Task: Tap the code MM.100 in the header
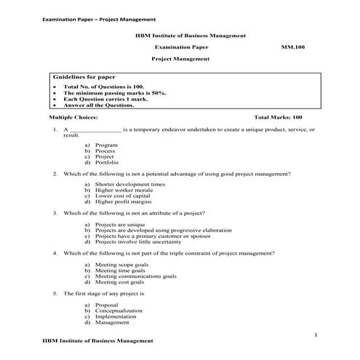(292, 46)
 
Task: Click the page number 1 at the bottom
(316, 334)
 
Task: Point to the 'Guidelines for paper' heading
(84, 76)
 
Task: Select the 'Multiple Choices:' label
(73, 116)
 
